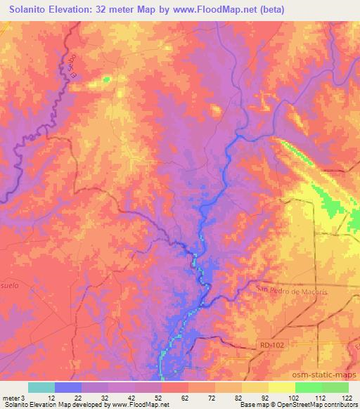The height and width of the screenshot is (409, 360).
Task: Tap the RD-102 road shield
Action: point(264,345)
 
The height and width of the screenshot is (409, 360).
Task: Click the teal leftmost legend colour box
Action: point(41,387)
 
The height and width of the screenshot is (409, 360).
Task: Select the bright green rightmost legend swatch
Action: point(335,387)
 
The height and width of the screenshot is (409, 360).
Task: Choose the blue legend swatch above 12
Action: point(68,387)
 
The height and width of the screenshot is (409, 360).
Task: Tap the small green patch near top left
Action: point(106,79)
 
